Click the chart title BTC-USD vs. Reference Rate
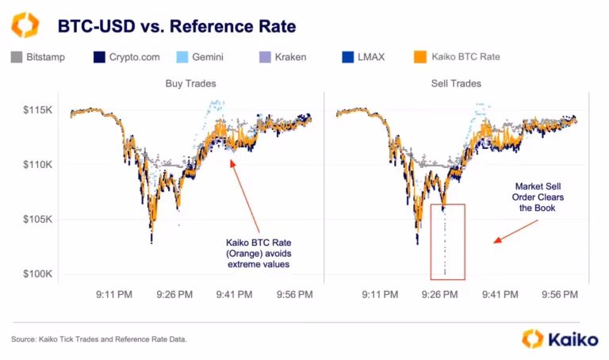tap(176, 26)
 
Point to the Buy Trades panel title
tap(190, 83)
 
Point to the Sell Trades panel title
tap(456, 83)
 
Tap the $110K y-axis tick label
tap(37, 165)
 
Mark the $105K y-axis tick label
tap(37, 220)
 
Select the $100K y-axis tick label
tap(37, 274)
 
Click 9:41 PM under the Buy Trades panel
tap(235, 293)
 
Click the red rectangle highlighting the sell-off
tap(447, 241)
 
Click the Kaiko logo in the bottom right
tap(560, 339)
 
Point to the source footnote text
tap(99, 339)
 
